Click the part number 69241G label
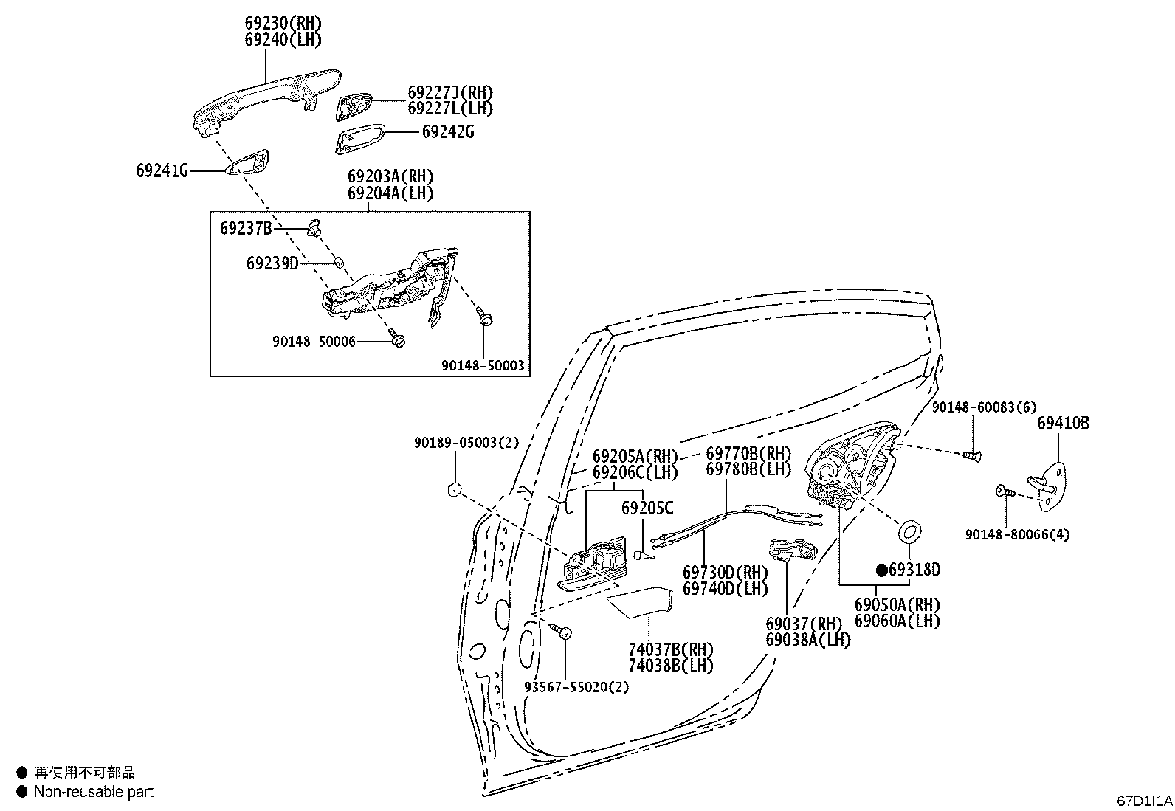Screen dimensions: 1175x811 (162, 170)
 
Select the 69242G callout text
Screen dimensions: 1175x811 (448, 131)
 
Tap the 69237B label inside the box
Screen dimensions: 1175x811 (246, 229)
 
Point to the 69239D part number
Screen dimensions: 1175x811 (272, 263)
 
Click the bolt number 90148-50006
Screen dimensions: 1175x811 (314, 342)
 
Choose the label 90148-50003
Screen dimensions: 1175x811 (483, 365)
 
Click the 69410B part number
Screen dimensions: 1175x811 (1064, 423)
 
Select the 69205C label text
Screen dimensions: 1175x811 (647, 508)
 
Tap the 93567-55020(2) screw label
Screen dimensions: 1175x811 (576, 687)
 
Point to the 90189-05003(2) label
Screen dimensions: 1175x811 (466, 443)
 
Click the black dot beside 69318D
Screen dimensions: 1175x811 (882, 570)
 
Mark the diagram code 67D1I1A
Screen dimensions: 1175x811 (1144, 801)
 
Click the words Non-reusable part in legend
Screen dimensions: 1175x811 (94, 792)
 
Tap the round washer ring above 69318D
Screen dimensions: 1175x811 (909, 532)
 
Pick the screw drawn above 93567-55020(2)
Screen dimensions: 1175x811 (560, 630)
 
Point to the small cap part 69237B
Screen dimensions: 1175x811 (314, 228)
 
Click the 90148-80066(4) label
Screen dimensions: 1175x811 (1017, 534)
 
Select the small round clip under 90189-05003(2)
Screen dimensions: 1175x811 (454, 489)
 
